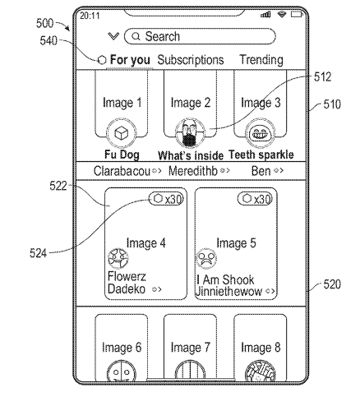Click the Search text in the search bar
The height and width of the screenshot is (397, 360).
(x=163, y=36)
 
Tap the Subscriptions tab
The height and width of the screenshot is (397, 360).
(x=191, y=60)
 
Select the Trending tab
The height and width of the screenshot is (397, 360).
(x=261, y=60)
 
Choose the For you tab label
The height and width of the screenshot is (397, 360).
(x=130, y=60)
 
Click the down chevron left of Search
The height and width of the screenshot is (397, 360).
(x=113, y=36)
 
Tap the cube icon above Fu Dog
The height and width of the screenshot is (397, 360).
(x=121, y=133)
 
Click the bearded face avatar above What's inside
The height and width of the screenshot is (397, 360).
(x=190, y=133)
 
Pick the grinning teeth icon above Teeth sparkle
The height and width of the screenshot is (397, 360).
(x=260, y=133)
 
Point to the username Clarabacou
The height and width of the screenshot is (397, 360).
(x=122, y=171)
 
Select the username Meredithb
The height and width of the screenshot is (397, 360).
(x=193, y=171)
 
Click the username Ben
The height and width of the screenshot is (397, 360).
(x=261, y=171)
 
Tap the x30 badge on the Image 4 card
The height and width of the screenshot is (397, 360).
(x=166, y=199)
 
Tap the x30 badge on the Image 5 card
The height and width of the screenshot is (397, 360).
(x=255, y=199)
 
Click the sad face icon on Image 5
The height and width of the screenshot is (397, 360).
(x=206, y=259)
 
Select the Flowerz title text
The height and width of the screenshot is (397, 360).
(x=127, y=276)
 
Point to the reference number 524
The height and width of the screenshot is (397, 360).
(x=38, y=253)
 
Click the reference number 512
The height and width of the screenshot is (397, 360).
(x=323, y=77)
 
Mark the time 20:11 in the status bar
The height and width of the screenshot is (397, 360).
(x=90, y=16)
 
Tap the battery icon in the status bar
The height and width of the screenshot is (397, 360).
(x=297, y=14)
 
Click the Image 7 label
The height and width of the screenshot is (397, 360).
(x=191, y=348)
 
